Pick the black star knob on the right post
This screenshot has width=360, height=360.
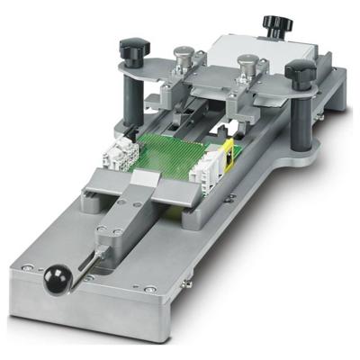pos(300,73)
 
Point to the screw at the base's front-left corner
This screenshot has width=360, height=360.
pos(21,266)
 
